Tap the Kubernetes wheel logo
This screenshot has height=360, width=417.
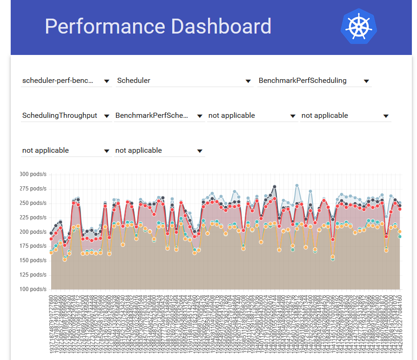click(358, 26)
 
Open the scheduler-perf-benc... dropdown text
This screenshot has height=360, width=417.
click(59, 81)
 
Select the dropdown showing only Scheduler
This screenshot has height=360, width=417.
click(134, 81)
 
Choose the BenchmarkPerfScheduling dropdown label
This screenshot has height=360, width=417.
click(303, 81)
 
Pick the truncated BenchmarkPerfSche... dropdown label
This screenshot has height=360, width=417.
click(152, 115)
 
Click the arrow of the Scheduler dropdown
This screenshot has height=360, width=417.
click(248, 81)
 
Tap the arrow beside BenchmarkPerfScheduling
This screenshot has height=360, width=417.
click(366, 81)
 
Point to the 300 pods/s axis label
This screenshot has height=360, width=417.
click(33, 174)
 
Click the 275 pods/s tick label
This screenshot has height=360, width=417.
click(33, 189)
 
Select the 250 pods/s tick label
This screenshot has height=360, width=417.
click(33, 203)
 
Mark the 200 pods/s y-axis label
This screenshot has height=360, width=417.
click(33, 232)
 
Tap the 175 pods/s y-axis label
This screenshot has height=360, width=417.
click(33, 246)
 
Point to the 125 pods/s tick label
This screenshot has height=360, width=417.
click(33, 275)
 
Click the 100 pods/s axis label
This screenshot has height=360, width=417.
click(33, 289)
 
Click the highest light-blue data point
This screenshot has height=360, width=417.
click(297, 185)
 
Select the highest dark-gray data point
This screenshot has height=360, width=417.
click(275, 187)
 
